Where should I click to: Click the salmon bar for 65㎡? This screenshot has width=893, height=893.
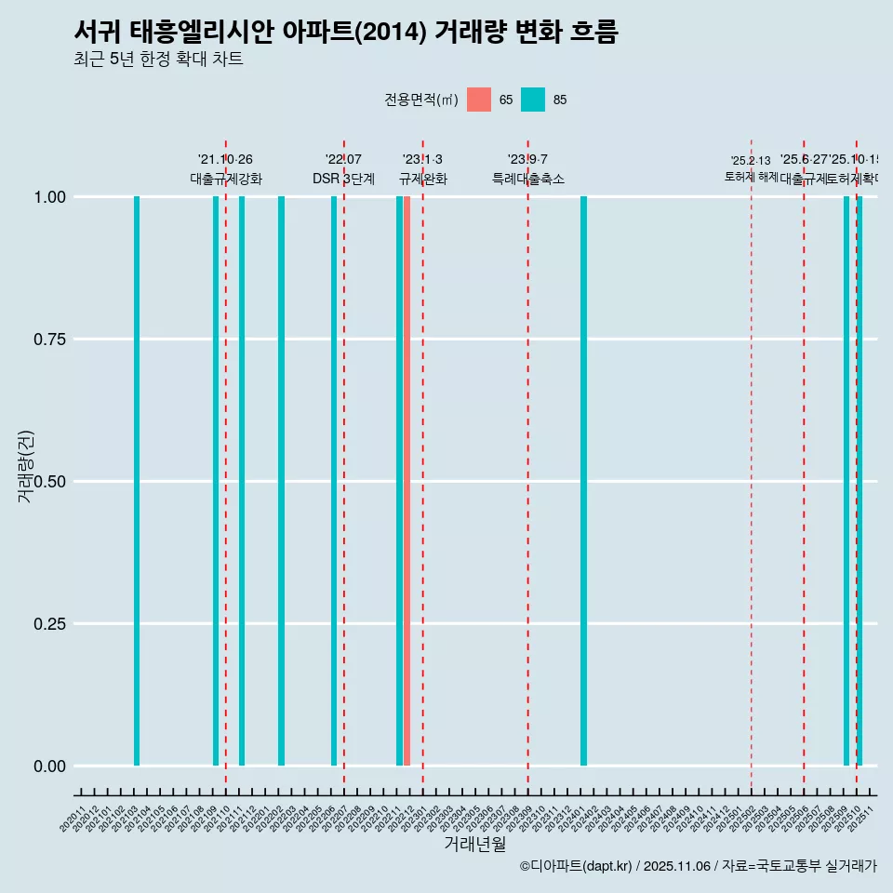click(407, 481)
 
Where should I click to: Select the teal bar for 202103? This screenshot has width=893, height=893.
click(137, 481)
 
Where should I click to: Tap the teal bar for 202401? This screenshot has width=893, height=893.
click(584, 481)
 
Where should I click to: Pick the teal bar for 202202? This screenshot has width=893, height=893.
click(282, 481)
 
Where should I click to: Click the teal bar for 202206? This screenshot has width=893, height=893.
click(334, 481)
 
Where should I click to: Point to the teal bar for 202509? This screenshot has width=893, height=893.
click(846, 481)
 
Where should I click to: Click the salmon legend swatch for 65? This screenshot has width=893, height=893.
click(479, 100)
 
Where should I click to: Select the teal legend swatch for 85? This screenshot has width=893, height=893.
click(533, 100)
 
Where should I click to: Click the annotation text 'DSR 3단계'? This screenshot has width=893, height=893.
click(343, 179)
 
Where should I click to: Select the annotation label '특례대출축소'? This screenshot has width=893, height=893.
click(528, 179)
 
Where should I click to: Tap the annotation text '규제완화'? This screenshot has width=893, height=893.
click(423, 179)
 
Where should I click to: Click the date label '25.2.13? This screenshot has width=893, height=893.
click(750, 161)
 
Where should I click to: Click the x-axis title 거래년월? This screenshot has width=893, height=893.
click(475, 845)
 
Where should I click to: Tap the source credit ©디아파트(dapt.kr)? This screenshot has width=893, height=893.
click(577, 866)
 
